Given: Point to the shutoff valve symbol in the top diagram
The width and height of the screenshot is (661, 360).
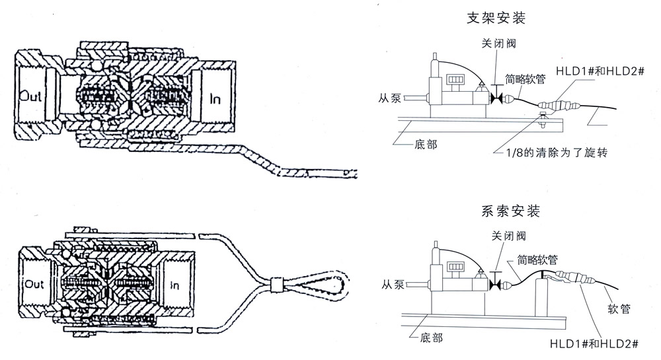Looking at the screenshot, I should [x=495, y=99].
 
